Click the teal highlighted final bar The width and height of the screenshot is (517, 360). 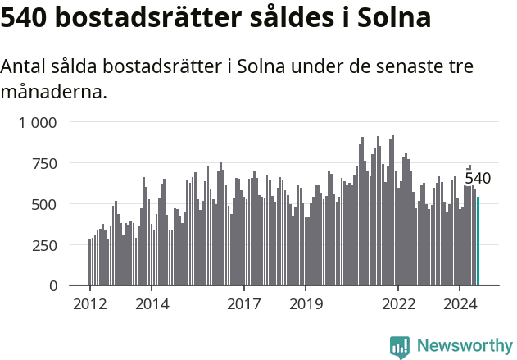[478, 242]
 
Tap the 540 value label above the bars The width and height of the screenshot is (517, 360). [478, 179]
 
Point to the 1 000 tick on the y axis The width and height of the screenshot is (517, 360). [39, 122]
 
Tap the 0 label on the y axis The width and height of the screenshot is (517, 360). [53, 286]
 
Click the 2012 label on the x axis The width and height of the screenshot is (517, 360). [89, 305]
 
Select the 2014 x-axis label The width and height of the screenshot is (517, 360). [152, 305]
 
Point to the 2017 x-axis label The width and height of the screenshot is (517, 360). [244, 305]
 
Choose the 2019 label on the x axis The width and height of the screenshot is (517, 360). [306, 305]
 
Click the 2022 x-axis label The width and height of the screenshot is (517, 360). [398, 305]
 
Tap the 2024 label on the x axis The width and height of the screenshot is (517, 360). [460, 305]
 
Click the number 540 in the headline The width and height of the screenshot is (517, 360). [25, 19]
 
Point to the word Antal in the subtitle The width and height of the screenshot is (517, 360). [24, 67]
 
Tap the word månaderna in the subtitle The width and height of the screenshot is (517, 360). [53, 91]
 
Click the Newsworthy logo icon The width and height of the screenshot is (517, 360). [400, 347]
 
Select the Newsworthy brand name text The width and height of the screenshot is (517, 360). [464, 346]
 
